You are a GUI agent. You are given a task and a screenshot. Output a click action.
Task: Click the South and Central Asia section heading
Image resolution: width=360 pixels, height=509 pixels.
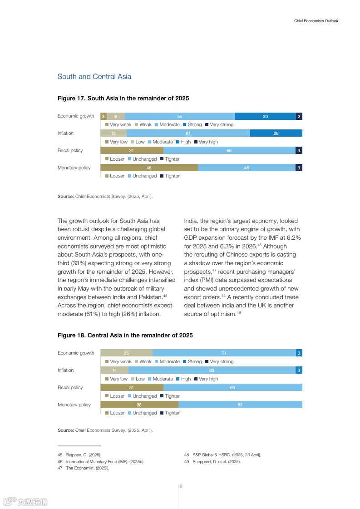(94, 76)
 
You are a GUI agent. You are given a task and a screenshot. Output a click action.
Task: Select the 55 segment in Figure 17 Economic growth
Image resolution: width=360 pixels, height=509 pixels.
(180, 116)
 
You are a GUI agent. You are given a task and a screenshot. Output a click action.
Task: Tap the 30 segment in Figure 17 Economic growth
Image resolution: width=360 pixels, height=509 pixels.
(265, 116)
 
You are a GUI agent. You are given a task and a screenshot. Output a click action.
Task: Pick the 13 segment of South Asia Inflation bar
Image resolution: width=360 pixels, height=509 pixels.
(113, 133)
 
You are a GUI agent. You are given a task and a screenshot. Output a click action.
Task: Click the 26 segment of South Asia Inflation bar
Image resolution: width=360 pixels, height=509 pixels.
(276, 133)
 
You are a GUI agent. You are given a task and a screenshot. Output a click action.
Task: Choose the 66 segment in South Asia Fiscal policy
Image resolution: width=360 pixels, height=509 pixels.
(229, 150)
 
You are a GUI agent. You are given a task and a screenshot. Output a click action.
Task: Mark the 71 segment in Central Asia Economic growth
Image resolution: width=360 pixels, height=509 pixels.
(224, 353)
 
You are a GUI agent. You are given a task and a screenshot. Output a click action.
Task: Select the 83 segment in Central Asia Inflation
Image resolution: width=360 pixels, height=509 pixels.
(212, 370)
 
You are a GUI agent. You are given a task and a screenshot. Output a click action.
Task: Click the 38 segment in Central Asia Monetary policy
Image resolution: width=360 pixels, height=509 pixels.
(139, 405)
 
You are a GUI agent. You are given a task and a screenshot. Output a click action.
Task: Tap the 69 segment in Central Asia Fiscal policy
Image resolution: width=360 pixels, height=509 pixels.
(232, 387)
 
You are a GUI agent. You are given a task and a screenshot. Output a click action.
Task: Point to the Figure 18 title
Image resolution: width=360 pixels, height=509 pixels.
(125, 335)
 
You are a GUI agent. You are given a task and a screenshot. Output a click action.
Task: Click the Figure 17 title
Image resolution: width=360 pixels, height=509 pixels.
(123, 98)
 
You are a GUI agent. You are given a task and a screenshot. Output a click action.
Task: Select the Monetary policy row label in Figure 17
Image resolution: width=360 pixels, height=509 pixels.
(74, 168)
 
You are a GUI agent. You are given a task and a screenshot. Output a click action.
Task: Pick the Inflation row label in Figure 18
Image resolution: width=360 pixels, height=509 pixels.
(65, 370)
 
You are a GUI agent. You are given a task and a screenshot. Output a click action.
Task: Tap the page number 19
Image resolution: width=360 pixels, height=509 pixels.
(180, 486)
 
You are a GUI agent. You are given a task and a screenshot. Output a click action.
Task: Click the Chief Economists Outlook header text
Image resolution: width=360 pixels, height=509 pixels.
(316, 21)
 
